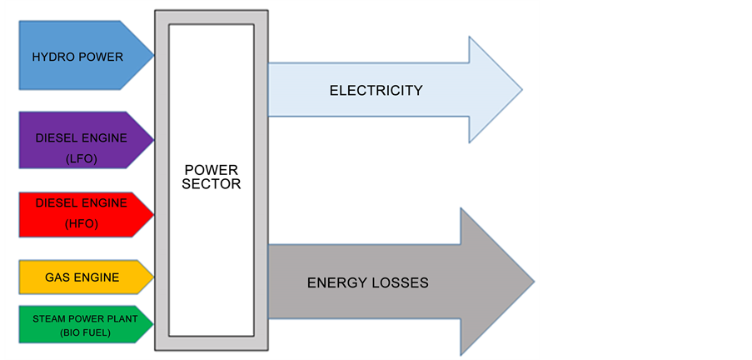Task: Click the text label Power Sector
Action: (x=212, y=177)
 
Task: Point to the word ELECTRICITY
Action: (x=376, y=90)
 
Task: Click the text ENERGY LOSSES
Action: (x=367, y=282)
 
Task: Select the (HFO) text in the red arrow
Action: (x=81, y=225)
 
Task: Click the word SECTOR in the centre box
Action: (x=212, y=184)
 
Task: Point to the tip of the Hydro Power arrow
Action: (x=153, y=57)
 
